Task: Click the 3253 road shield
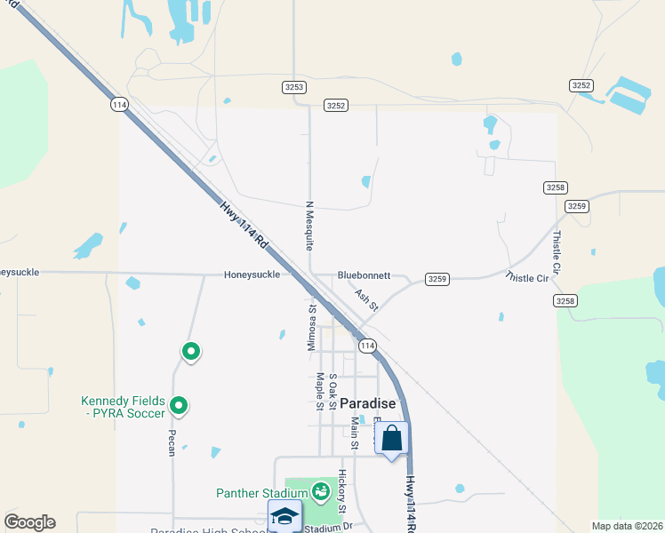pyautogui.click(x=294, y=86)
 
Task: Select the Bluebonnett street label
pyautogui.click(x=364, y=275)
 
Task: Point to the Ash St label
pyautogui.click(x=366, y=299)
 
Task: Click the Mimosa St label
pyautogui.click(x=312, y=326)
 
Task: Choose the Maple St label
pyautogui.click(x=319, y=392)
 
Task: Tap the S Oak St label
pyautogui.click(x=332, y=391)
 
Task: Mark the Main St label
pyautogui.click(x=354, y=432)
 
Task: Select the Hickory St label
pyautogui.click(x=341, y=485)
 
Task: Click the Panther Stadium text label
pyautogui.click(x=260, y=493)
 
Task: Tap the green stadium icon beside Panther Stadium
pyautogui.click(x=321, y=489)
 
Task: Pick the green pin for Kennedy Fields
pyautogui.click(x=179, y=406)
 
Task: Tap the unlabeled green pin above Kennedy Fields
pyautogui.click(x=190, y=352)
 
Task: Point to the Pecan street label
pyautogui.click(x=171, y=443)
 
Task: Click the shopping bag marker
pyautogui.click(x=392, y=438)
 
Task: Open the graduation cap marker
pyautogui.click(x=284, y=516)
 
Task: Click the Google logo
pyautogui.click(x=29, y=522)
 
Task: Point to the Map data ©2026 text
pyautogui.click(x=626, y=526)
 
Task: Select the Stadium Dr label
pyautogui.click(x=329, y=528)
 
